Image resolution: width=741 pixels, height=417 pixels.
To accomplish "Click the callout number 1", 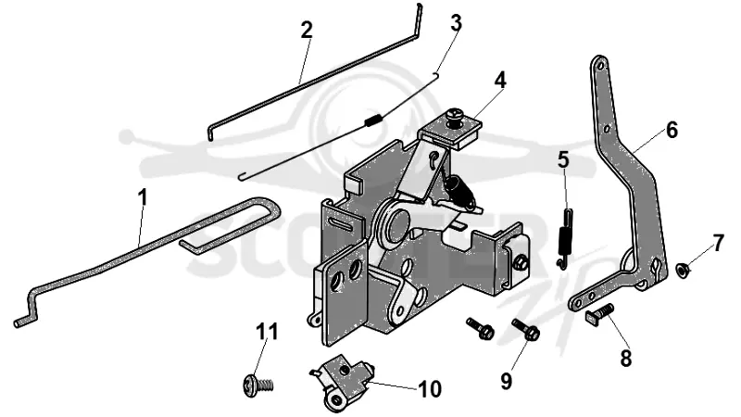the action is click(143, 197).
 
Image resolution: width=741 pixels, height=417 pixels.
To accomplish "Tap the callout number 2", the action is click(307, 31).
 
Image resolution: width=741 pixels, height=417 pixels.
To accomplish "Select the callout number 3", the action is click(456, 22).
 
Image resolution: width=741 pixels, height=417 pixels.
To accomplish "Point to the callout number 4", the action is click(500, 81).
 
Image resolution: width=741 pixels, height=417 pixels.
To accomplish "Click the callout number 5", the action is click(563, 159).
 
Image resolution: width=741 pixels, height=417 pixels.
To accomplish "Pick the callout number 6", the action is click(672, 130).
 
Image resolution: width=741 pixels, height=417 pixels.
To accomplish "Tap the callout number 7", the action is click(719, 244).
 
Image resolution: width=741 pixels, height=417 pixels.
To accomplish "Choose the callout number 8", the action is click(626, 358).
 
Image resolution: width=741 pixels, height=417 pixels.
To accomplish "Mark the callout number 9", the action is click(506, 381).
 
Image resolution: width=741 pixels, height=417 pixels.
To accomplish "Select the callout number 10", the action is click(430, 389).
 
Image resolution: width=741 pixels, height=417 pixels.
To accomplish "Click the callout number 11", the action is click(267, 332).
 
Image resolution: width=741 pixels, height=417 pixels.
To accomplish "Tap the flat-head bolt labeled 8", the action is click(599, 313).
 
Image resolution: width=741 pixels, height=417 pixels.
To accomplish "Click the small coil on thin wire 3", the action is click(372, 120).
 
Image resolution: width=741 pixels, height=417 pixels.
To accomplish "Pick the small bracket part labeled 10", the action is click(342, 382).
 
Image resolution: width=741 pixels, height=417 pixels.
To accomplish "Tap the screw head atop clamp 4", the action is click(457, 115).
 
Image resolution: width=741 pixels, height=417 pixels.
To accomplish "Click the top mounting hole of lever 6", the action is click(600, 66).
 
